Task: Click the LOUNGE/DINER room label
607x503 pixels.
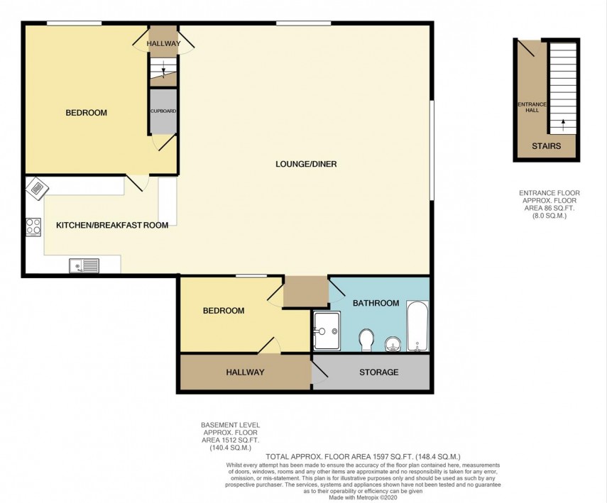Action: tap(306, 165)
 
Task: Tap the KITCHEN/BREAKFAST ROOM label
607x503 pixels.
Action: tap(112, 226)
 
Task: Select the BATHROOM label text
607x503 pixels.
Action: tap(376, 303)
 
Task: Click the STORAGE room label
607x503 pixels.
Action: tap(378, 372)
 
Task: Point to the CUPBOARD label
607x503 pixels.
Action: tap(163, 111)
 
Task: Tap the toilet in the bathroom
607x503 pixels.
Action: tap(367, 340)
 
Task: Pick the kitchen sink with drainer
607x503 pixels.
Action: tap(84, 266)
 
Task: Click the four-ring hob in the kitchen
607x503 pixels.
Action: tap(33, 226)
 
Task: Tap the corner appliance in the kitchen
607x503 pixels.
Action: tap(35, 189)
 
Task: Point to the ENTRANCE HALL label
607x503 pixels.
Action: tap(532, 107)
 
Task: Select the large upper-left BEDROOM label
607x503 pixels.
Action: tap(86, 113)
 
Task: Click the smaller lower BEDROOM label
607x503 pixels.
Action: tap(224, 311)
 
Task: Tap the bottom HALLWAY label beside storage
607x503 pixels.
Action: tap(245, 372)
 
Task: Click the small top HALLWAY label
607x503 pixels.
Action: tap(163, 44)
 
